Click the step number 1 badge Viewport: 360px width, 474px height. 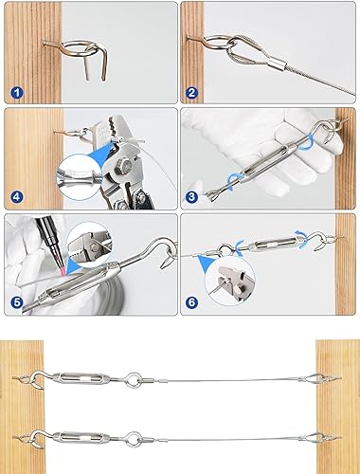point(17,93)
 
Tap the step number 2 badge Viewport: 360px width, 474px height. point(192,93)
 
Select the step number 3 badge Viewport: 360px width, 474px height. point(192,197)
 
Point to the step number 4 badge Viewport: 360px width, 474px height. point(17,197)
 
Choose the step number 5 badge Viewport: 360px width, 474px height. point(17,304)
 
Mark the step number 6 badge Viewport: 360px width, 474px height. point(192,304)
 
